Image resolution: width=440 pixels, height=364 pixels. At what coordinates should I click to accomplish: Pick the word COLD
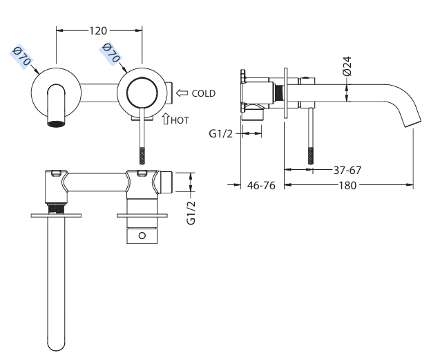click(x=204, y=93)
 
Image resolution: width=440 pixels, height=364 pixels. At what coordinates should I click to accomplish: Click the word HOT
click(x=180, y=119)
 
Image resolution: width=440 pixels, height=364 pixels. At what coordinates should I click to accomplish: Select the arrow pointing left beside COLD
click(x=182, y=93)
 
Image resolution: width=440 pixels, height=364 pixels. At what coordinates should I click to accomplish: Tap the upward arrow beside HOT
click(x=166, y=119)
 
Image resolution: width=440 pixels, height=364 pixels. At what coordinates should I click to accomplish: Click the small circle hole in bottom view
click(x=142, y=236)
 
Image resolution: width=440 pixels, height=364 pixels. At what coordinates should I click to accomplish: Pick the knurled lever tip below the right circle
click(x=144, y=153)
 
